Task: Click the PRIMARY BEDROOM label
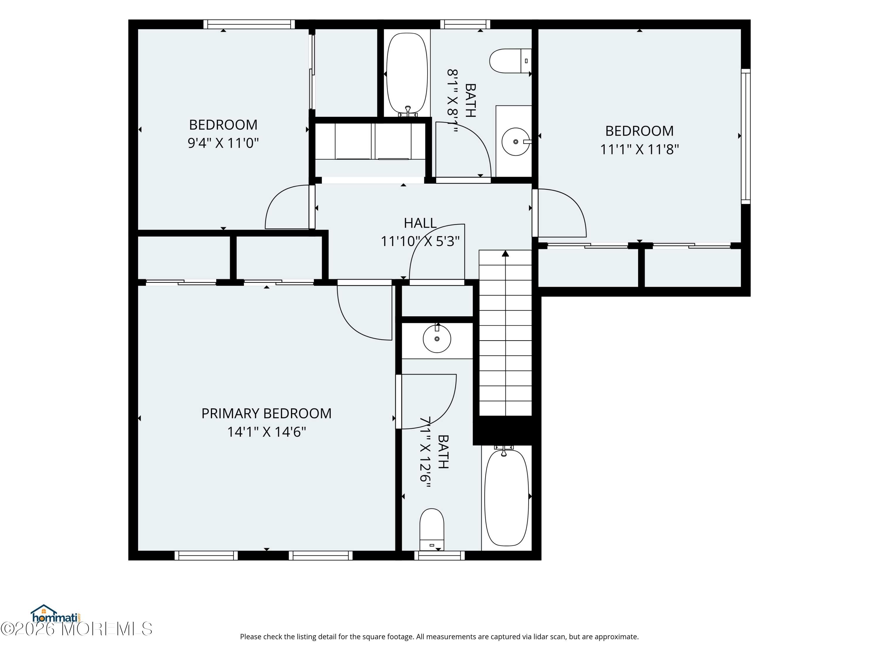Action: click(266, 414)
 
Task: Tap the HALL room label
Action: click(420, 223)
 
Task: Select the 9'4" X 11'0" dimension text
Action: click(223, 143)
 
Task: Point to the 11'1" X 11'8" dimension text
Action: click(639, 150)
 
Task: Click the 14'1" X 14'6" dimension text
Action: click(266, 432)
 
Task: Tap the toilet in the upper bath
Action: click(510, 61)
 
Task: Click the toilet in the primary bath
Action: click(432, 529)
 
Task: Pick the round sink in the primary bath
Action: click(437, 339)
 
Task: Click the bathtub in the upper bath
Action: click(407, 73)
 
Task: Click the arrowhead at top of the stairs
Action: click(505, 253)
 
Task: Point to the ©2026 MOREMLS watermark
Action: click(76, 629)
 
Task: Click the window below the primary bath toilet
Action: click(439, 555)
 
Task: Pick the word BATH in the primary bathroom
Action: click(443, 452)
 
